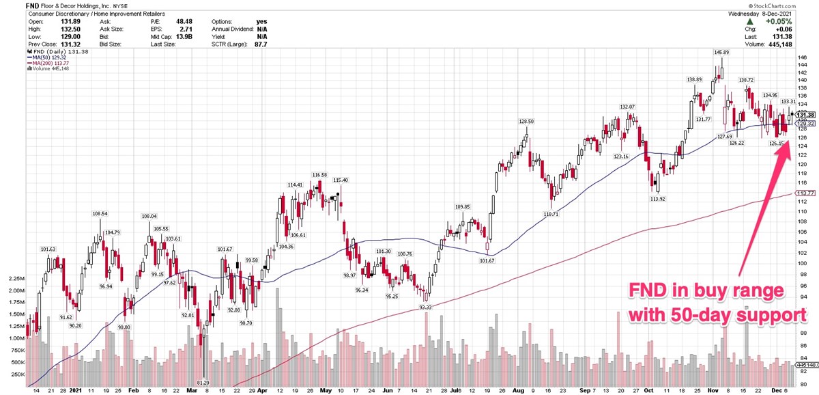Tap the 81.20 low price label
(x=203, y=382)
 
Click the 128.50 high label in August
(x=525, y=121)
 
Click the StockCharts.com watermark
(x=791, y=5)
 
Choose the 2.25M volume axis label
(x=14, y=279)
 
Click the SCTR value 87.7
(x=259, y=44)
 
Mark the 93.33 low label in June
(x=425, y=308)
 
